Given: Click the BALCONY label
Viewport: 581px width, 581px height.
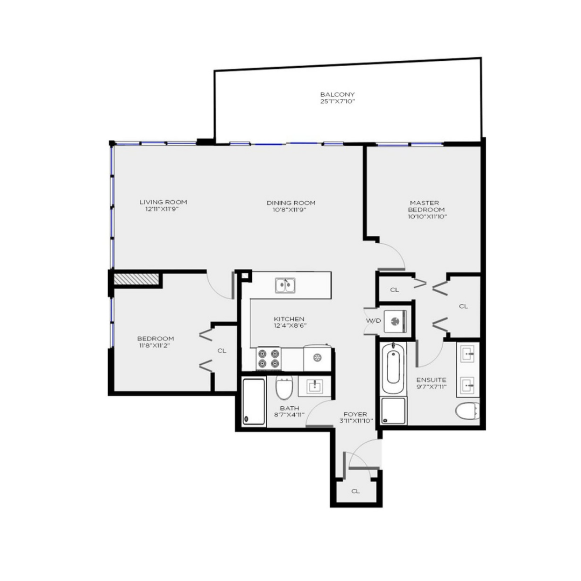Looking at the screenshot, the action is (337, 95).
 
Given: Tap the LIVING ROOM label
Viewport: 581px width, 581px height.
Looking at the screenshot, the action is (163, 202).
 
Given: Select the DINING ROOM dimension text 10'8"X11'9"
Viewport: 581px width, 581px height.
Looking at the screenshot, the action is (291, 210).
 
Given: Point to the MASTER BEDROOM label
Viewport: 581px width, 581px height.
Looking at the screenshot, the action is (426, 206).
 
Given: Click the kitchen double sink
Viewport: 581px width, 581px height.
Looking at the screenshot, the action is (285, 285).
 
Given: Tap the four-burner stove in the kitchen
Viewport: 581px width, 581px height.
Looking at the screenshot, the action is (268, 358).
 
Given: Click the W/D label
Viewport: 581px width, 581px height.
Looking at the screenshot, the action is (373, 321).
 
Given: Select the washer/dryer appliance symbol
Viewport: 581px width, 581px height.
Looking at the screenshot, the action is (395, 321).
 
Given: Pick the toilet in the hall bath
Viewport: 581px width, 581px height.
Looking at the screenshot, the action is (284, 388).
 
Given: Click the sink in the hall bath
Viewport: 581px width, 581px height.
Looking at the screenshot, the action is (315, 386).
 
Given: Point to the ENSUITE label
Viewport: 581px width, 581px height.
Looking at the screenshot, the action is (431, 380).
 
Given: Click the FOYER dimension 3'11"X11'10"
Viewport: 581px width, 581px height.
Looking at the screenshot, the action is (356, 421).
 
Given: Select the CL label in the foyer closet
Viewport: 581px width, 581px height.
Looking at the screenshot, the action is (356, 491).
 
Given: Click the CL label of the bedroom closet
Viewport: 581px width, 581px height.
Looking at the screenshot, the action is (222, 351).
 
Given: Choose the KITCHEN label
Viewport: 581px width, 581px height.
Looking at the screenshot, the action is (289, 318).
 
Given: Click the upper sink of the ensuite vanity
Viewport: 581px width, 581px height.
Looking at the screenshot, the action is (467, 354).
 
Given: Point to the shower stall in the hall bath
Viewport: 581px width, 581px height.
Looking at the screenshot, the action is (254, 402).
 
